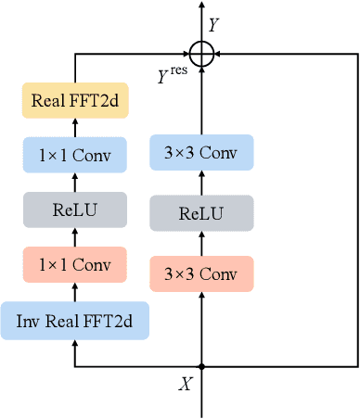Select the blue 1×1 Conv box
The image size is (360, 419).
click(x=74, y=156)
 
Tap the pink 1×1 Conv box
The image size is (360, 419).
click(x=74, y=265)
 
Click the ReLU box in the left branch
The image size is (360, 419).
click(x=74, y=210)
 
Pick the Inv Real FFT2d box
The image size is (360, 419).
click(x=74, y=320)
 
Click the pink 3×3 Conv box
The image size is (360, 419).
click(x=200, y=274)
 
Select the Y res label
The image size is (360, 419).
click(x=174, y=71)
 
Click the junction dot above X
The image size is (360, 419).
click(x=200, y=367)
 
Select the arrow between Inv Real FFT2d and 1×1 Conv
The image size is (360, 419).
click(x=74, y=292)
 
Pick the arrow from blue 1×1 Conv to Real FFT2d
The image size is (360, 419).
click(x=74, y=128)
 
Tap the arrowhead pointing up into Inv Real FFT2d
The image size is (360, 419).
click(x=74, y=343)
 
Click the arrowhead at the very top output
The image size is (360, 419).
click(x=200, y=6)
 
